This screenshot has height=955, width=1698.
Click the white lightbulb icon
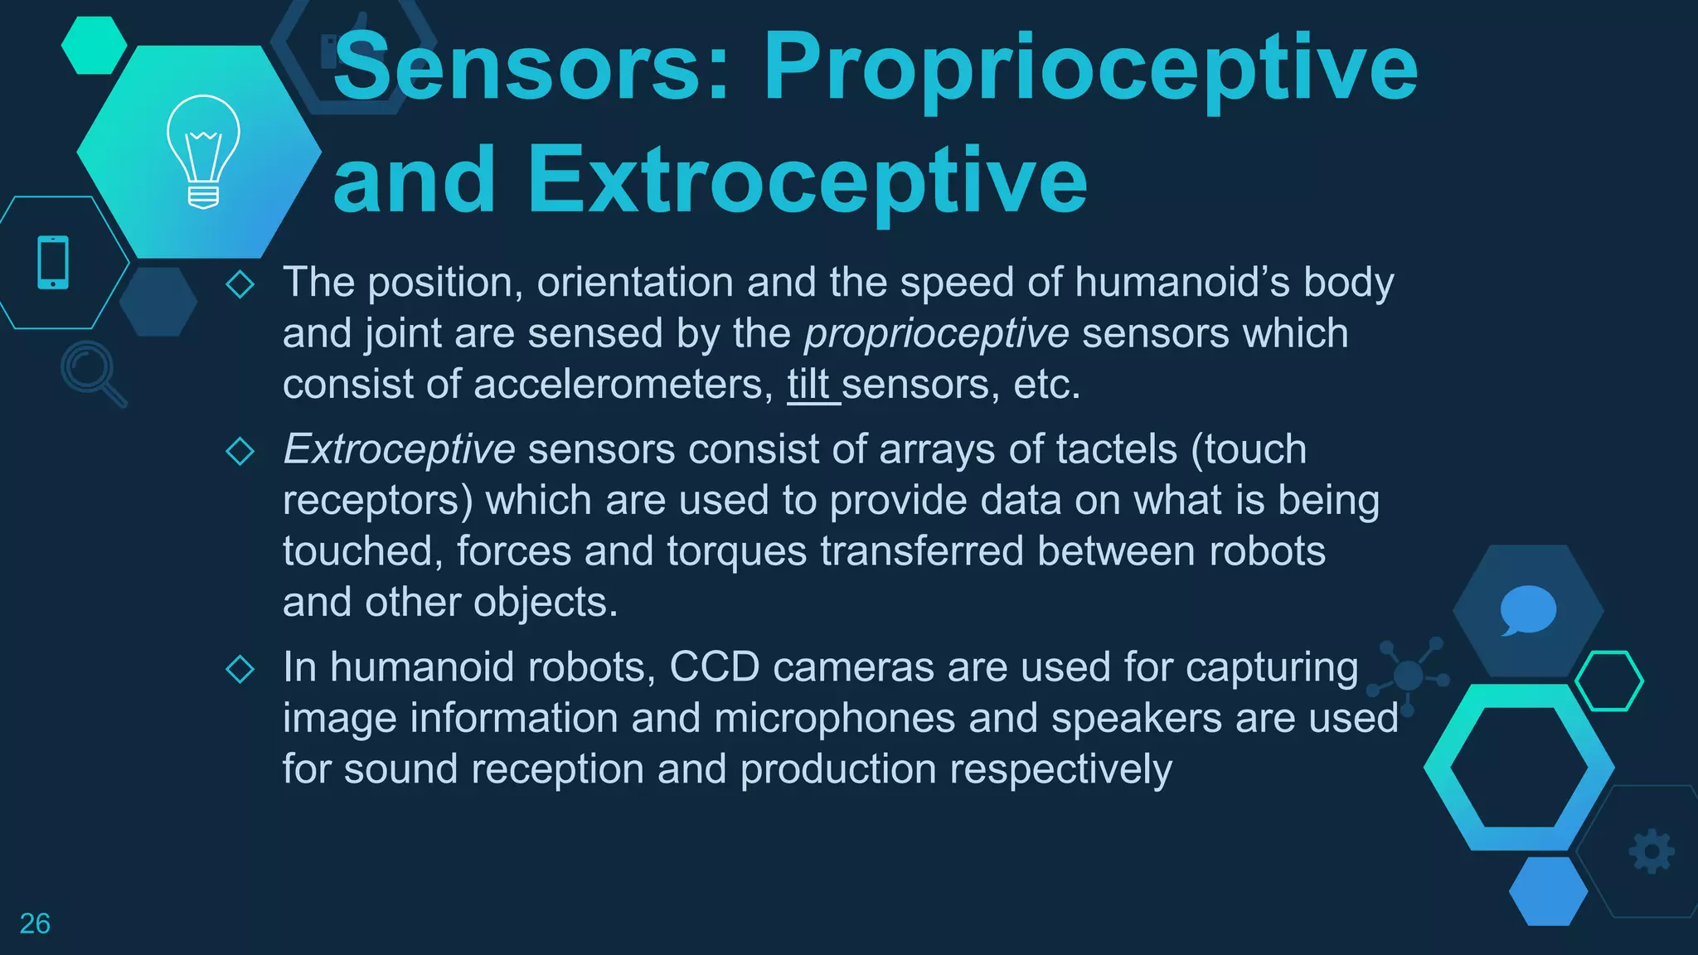203,151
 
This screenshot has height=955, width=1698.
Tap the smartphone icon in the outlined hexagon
53,263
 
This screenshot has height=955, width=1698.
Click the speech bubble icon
1527,610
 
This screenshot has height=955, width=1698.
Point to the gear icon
1651,851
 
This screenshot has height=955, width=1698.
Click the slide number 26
35,923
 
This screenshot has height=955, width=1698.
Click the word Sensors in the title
531,66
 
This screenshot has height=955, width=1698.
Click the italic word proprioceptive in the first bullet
936,334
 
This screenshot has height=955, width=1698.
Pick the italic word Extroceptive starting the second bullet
399,449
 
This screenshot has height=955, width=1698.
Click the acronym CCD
714,667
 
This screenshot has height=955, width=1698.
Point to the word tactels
1116,449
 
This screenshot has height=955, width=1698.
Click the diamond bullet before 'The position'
240,284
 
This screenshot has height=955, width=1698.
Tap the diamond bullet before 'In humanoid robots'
240,668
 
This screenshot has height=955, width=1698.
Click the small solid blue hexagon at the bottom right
1547,891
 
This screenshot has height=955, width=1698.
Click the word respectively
1060,769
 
